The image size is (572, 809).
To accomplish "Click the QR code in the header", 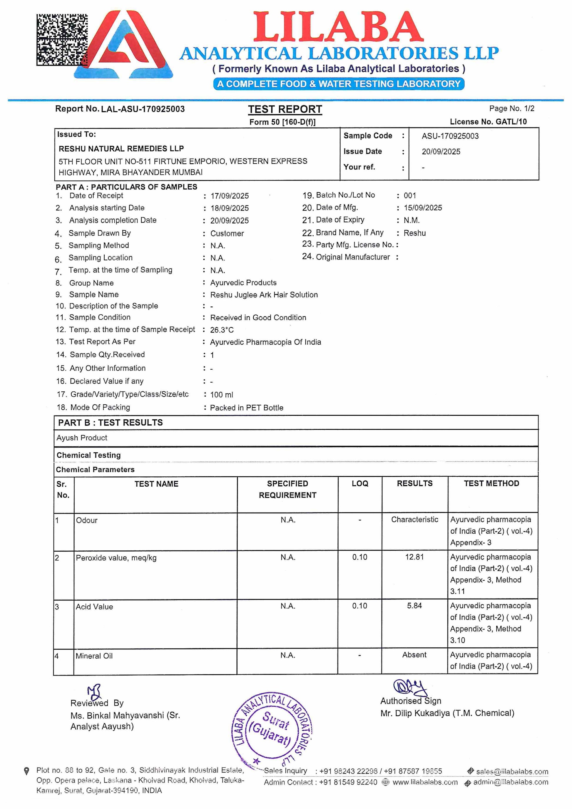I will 62,39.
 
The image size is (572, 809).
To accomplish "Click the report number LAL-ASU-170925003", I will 143,109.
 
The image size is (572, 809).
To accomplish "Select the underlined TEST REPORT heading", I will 285,110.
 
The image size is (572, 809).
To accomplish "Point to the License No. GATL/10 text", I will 488,122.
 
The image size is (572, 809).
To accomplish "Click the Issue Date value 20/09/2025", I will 441,152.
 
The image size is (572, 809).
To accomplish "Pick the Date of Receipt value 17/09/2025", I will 230,196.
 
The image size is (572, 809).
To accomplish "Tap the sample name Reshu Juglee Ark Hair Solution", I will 264,295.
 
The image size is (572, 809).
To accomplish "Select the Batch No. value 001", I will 410,195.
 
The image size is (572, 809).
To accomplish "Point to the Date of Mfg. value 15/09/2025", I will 423,208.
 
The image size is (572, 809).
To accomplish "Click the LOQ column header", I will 360,484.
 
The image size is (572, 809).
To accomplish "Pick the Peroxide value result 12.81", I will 414,557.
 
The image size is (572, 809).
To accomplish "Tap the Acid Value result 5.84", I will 414,606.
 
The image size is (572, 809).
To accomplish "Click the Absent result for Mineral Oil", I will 414,655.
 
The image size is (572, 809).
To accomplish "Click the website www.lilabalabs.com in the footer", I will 425,783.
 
